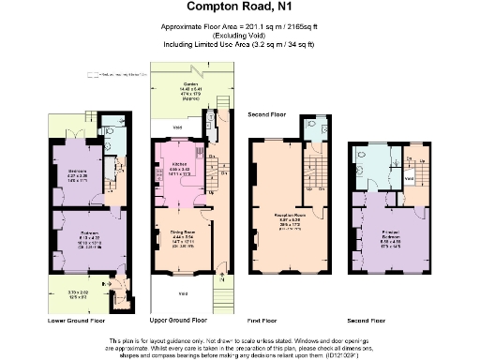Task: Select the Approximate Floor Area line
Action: pos(239,27)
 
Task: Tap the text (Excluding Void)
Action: pos(239,36)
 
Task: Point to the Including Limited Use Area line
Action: pos(239,44)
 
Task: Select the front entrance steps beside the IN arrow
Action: pos(221,298)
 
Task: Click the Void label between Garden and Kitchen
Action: pos(165,124)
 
